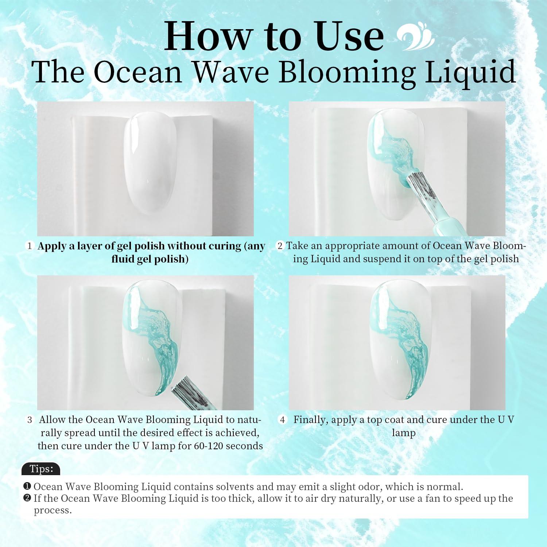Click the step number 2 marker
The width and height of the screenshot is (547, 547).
point(280,246)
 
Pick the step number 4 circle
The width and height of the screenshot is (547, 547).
point(282,420)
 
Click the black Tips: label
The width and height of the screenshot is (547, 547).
point(41,469)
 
